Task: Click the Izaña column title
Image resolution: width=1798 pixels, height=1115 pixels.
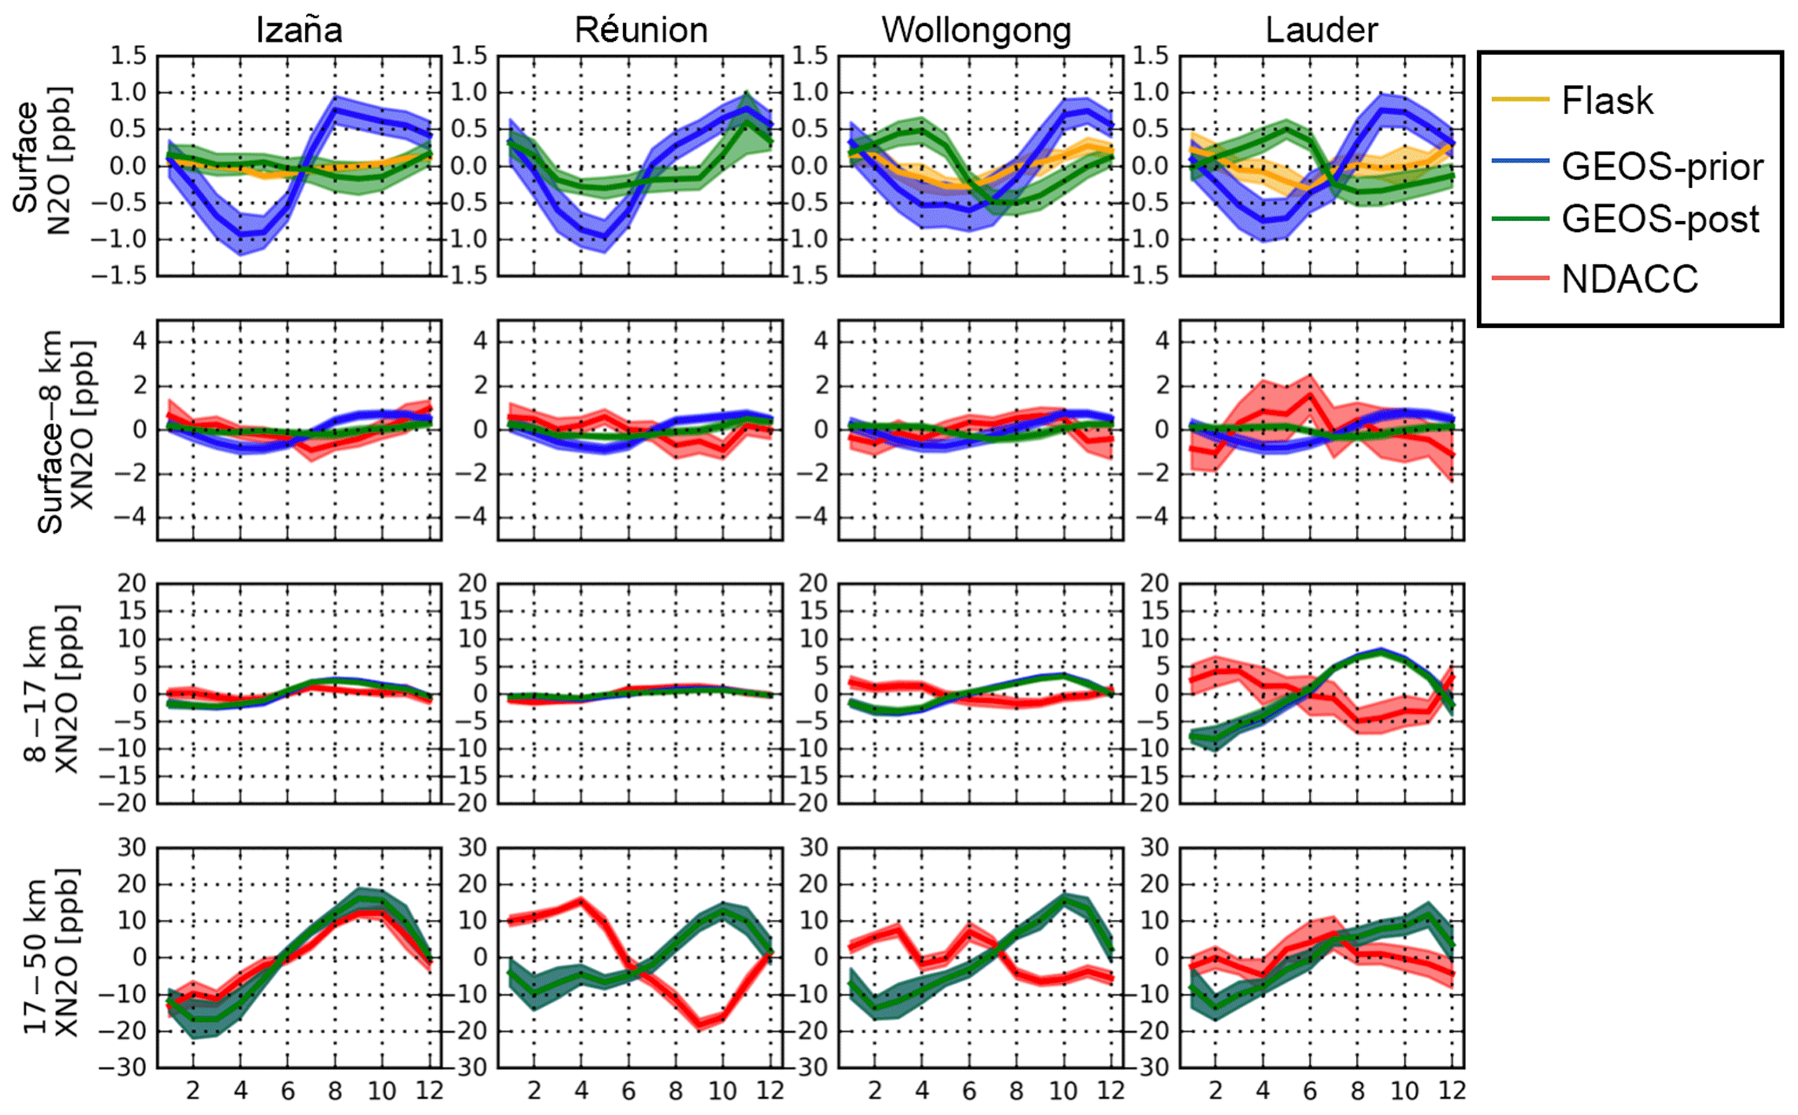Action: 298,30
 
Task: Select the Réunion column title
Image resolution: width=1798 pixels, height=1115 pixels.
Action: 640,30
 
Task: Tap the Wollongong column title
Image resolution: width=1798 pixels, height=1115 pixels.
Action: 976,30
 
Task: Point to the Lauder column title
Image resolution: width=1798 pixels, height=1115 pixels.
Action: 1320,30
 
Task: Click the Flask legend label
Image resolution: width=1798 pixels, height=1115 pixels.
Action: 1607,101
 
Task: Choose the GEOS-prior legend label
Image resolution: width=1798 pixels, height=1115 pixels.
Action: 1661,166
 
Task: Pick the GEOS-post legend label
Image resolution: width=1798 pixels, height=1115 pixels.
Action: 1660,219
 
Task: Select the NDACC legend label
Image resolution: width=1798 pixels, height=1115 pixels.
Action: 1629,279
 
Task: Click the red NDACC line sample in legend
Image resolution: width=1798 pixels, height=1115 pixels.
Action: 1520,278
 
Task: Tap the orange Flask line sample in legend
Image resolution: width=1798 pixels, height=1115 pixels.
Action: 1520,100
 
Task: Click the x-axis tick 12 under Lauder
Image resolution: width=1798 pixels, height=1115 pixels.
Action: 1451,1091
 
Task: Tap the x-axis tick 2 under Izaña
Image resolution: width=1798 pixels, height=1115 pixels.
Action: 193,1091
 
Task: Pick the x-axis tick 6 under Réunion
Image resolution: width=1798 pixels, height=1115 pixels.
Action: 628,1091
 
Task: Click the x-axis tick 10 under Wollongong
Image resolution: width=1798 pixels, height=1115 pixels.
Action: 1063,1091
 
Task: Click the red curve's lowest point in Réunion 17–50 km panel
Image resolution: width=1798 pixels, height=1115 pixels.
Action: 699,1025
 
